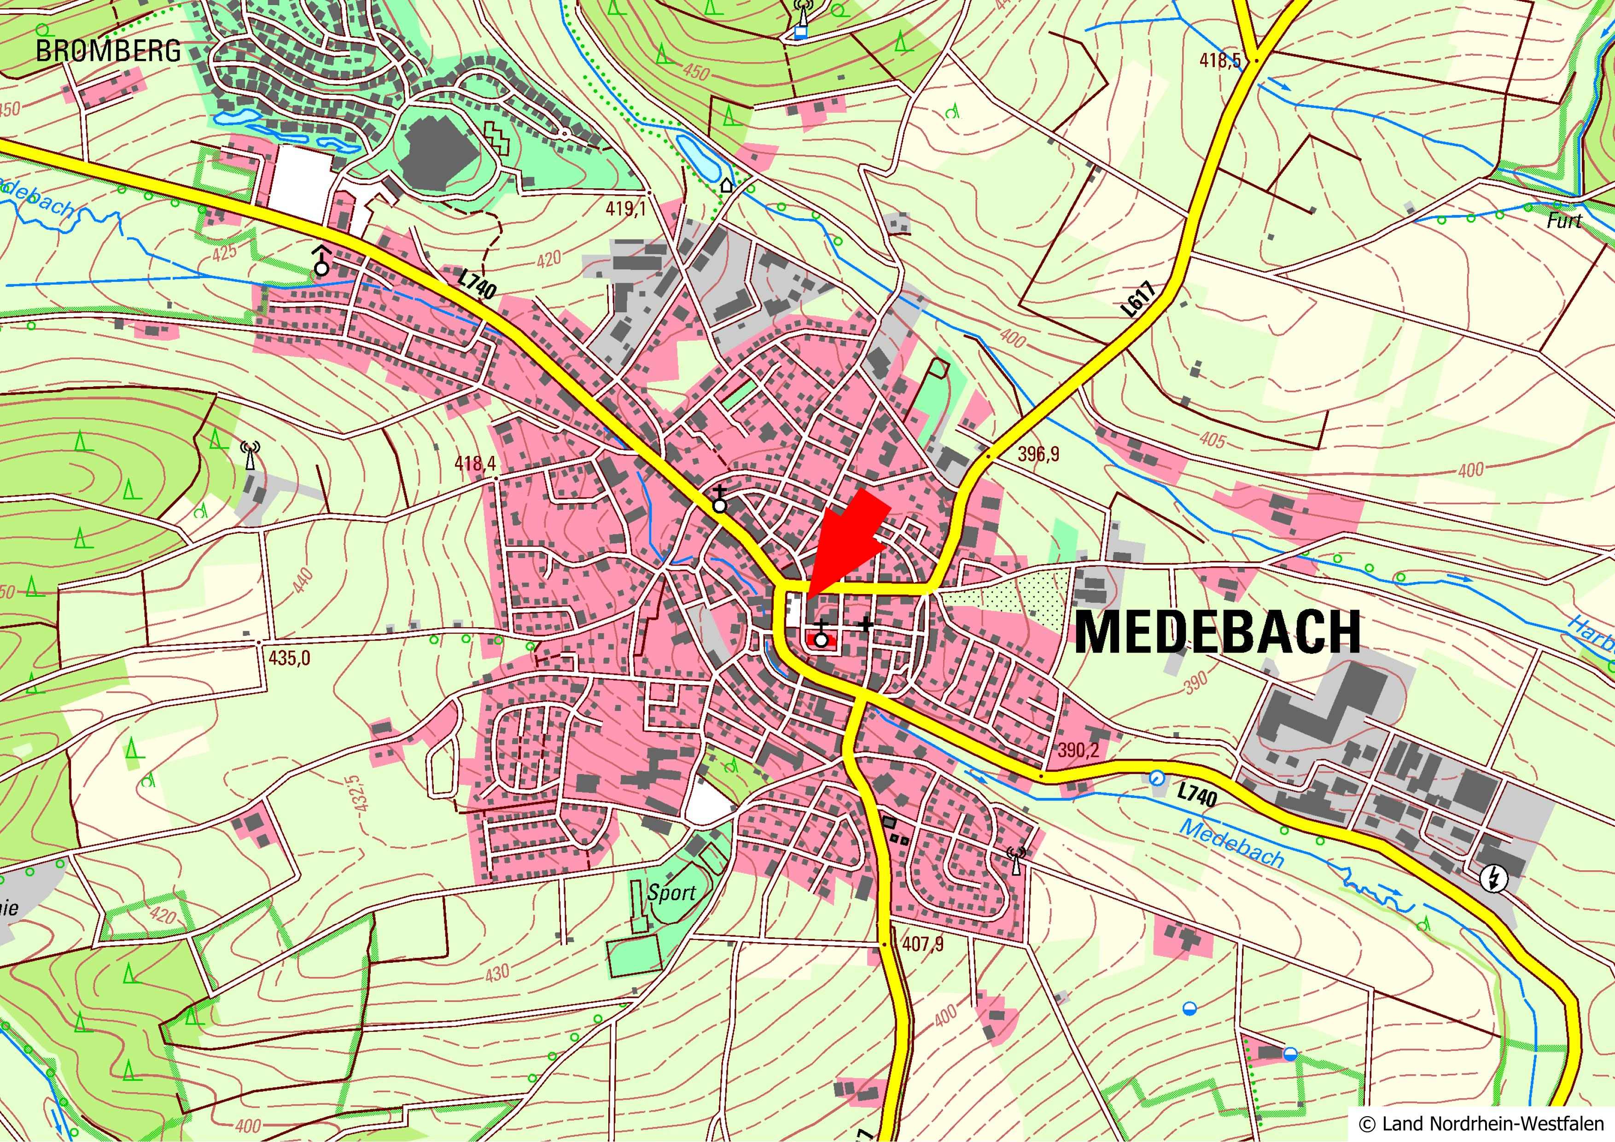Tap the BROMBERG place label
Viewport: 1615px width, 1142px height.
108,51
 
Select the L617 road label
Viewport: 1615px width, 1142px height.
1139,299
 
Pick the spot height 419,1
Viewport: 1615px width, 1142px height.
625,209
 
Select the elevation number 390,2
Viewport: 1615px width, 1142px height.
1078,750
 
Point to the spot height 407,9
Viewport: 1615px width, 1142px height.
922,943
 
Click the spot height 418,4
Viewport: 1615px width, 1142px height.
475,463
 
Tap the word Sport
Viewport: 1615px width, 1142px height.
671,893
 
